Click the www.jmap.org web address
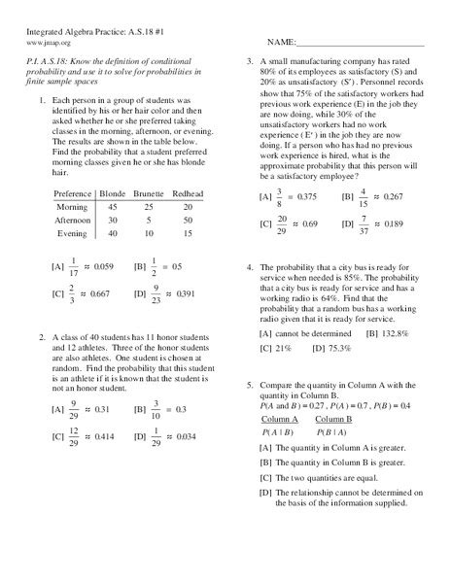tap(42, 44)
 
